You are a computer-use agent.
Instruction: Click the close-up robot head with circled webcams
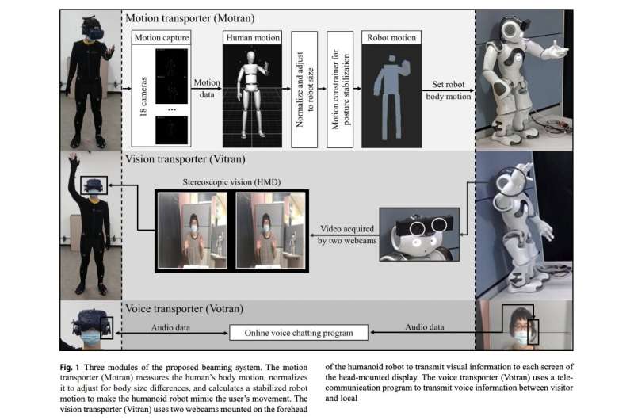tap(416, 234)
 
